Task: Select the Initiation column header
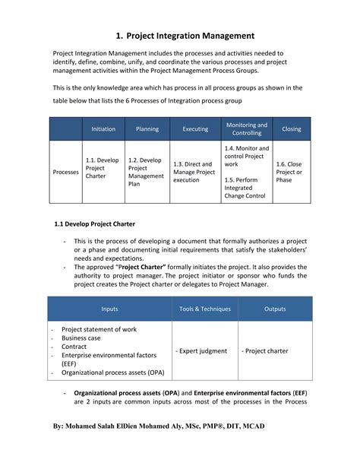103,129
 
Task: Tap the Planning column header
147,129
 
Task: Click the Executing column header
195,129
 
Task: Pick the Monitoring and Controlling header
247,129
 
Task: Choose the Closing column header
292,129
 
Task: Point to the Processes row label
65,172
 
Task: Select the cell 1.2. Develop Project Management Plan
146,172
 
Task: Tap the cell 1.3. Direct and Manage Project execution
194,172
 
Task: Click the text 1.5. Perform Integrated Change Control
245,188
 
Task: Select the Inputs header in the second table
110,309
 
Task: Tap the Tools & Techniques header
205,309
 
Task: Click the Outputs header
275,309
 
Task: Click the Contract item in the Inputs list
75,347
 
